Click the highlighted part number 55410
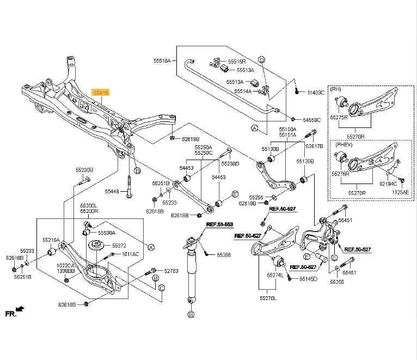[102, 93]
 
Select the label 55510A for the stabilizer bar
[162, 61]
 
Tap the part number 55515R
[237, 62]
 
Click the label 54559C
[312, 119]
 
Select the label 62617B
[314, 146]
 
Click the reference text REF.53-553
[219, 224]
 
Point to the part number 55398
[224, 254]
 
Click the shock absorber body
[191, 272]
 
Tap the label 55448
[112, 192]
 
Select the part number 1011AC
[130, 254]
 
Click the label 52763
[171, 270]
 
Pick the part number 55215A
[52, 239]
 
